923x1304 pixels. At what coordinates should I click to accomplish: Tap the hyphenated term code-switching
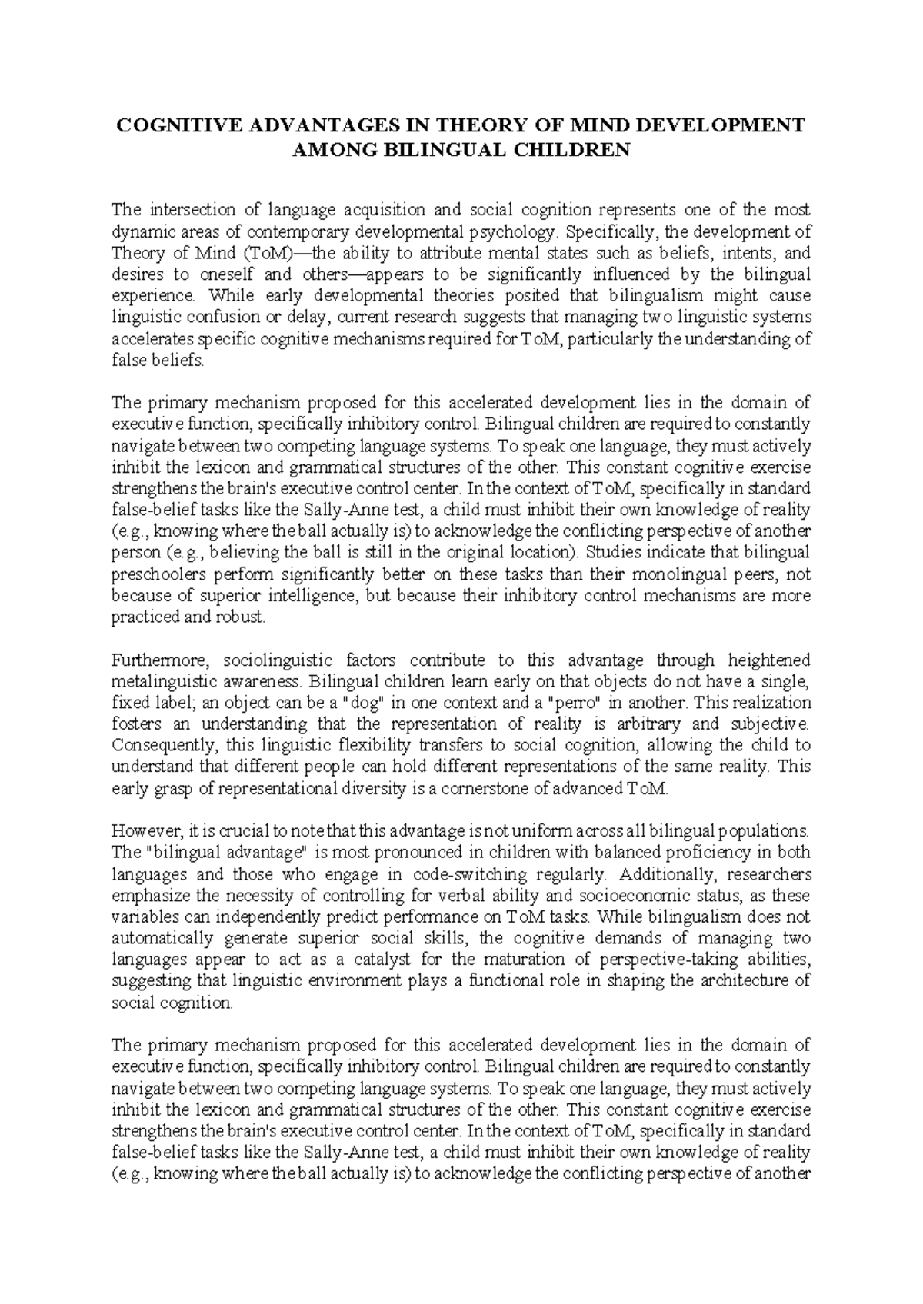tap(469, 874)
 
